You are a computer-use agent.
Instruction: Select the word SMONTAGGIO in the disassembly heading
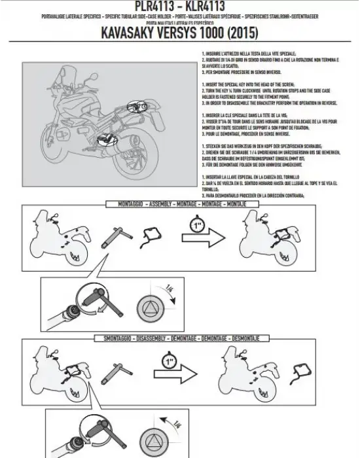[115, 338]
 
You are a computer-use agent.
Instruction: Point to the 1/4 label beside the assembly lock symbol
[170, 289]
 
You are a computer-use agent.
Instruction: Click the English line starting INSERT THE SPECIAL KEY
[249, 85]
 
